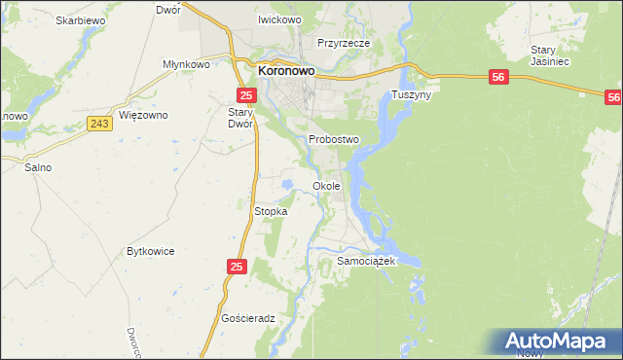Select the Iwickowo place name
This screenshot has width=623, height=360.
pos(278,19)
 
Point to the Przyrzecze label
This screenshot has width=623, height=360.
pos(341,43)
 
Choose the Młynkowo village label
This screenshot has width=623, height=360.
pos(187,64)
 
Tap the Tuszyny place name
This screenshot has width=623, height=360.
pos(411,95)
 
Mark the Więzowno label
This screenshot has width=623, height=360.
pos(143,115)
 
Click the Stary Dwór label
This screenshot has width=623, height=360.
pos(240,118)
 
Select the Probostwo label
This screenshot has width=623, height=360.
pos(334,139)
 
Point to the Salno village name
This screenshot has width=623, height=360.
pos(38,167)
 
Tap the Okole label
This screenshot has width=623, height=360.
pos(326,185)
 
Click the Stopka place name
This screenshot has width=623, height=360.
pos(270,211)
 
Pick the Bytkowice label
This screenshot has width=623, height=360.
pos(151,251)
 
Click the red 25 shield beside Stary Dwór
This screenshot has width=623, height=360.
pos(246,94)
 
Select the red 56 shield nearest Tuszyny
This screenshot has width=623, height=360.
pos(497,77)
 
